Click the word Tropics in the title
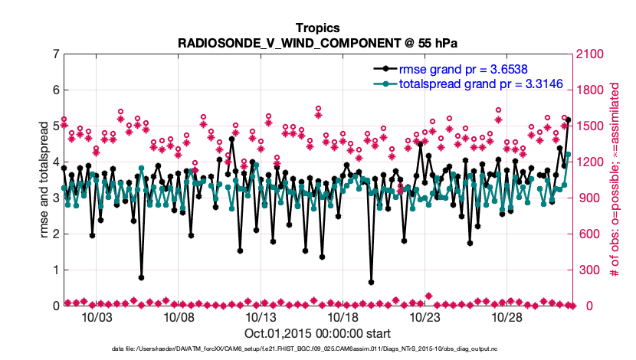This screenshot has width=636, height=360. tap(317, 28)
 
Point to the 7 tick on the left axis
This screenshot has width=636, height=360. tap(55, 54)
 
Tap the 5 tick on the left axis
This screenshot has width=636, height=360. tap(55, 126)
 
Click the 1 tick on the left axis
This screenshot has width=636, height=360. tap(55, 270)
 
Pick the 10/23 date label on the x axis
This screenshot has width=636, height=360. tap(425, 317)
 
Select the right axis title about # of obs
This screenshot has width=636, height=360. tap(614, 180)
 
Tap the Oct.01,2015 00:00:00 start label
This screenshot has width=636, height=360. tap(317, 334)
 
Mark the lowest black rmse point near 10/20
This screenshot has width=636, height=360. tap(371, 282)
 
